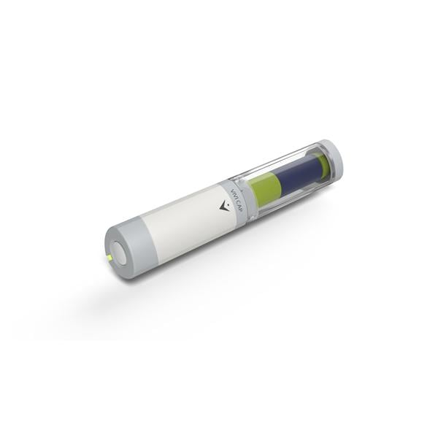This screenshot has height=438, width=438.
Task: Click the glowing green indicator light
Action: tap(109, 258)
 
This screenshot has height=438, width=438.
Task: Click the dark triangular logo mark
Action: tap(223, 207)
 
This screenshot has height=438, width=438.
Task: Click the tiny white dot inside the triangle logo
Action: tap(225, 207)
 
